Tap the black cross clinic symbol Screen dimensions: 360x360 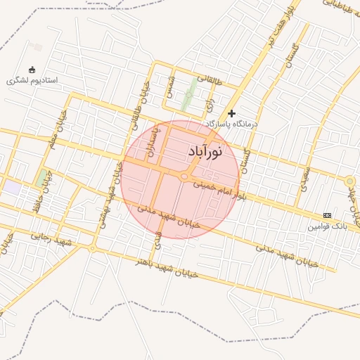[x=232, y=112]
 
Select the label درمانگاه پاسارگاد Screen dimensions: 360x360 [x=233, y=124]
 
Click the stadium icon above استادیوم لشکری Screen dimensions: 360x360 [x=32, y=69]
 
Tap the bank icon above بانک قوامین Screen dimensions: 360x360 [x=327, y=215]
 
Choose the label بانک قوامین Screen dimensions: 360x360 [x=327, y=226]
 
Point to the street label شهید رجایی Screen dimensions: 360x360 [x=52, y=239]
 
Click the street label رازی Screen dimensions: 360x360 [x=208, y=105]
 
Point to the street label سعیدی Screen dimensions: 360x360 [x=304, y=180]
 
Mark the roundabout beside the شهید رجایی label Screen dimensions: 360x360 [x=92, y=247]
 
